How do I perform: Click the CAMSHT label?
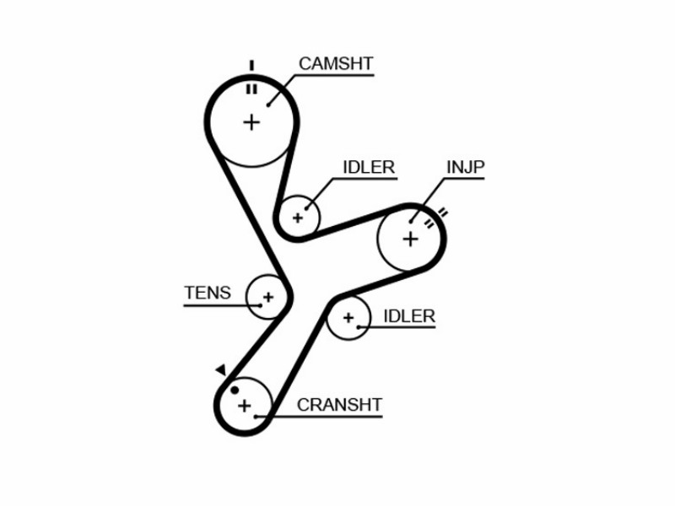pyautogui.click(x=336, y=64)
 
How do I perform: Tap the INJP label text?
pyautogui.click(x=466, y=167)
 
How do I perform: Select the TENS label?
pyautogui.click(x=208, y=293)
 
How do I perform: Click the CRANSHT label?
pyautogui.click(x=339, y=405)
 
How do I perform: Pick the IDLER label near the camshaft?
pyautogui.click(x=369, y=167)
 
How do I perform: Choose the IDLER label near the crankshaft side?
pyautogui.click(x=409, y=316)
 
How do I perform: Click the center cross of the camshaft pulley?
pyautogui.click(x=251, y=122)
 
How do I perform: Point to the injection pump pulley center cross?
pyautogui.click(x=410, y=239)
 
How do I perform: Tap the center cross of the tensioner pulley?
pyautogui.click(x=268, y=297)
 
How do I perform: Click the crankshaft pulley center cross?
pyautogui.click(x=245, y=406)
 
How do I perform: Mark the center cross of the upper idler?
pyautogui.click(x=298, y=218)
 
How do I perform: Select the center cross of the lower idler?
pyautogui.click(x=348, y=318)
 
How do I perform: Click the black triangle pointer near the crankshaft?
pyautogui.click(x=221, y=369)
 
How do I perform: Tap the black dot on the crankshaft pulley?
pyautogui.click(x=235, y=390)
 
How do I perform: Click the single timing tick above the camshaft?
pyautogui.click(x=251, y=66)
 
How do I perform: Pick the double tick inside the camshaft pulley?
pyautogui.click(x=251, y=89)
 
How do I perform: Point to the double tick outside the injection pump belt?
pyautogui.click(x=443, y=213)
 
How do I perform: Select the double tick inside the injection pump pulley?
pyautogui.click(x=429, y=223)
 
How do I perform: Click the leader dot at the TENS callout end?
pyautogui.click(x=261, y=305)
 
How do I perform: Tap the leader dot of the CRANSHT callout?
pyautogui.click(x=256, y=417)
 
